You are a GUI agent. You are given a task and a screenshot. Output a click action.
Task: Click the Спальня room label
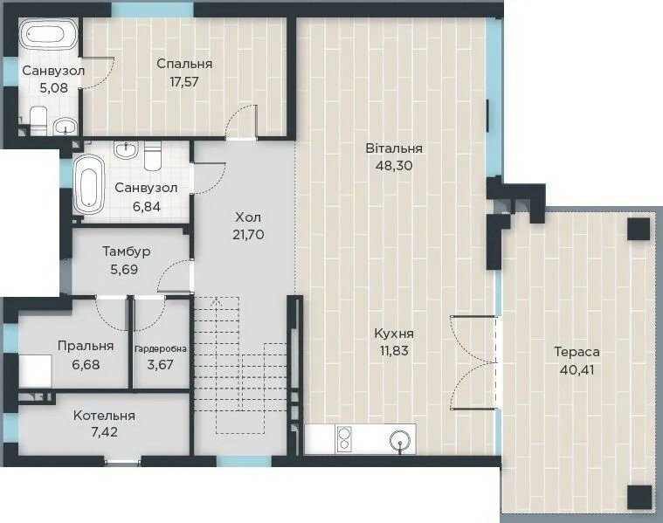point(184,64)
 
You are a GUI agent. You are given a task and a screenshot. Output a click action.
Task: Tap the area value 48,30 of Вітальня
point(394,165)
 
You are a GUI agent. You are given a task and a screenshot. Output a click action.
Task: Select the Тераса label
point(577,352)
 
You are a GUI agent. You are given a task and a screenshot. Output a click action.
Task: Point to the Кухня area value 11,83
point(394,350)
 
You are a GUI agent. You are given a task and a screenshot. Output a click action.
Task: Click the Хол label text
point(248,217)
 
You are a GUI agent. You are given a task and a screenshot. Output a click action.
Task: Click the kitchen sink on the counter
point(400,442)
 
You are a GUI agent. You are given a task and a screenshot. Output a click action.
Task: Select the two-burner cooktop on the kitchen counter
point(344,438)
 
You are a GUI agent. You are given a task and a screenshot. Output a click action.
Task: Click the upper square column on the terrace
point(638,230)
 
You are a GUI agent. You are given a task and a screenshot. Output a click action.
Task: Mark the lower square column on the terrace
point(639,496)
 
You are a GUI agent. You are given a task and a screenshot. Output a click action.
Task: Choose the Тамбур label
point(127,251)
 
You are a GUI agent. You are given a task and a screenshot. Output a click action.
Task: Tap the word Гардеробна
point(160,349)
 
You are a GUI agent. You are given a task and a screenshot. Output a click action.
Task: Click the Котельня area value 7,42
point(105,432)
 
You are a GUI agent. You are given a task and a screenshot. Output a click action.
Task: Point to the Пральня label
point(86,346)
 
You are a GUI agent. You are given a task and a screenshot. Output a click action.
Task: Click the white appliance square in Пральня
point(35,371)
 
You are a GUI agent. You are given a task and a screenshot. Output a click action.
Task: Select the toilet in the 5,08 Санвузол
point(38,120)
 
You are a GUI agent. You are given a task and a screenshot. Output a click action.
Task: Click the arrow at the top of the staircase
point(217,300)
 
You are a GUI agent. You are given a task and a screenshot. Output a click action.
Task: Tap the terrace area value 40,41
point(577,370)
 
